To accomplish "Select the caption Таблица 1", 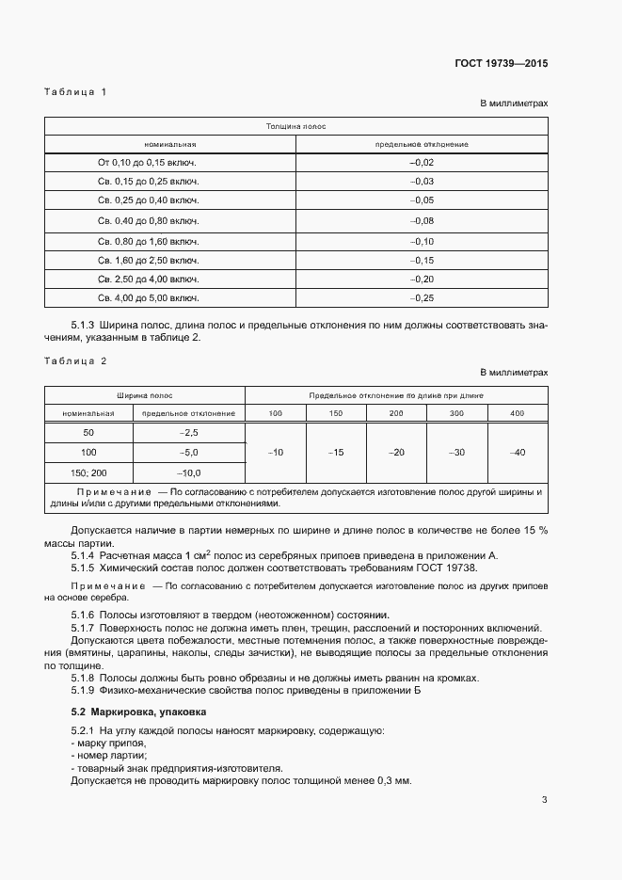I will click(75, 91).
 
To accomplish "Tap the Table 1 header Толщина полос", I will click(295, 125).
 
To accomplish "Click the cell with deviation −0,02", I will click(421, 162).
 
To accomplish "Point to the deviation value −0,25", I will click(421, 298).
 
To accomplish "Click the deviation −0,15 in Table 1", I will click(421, 259).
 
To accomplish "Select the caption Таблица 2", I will click(75, 360).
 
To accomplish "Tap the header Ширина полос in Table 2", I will click(144, 395).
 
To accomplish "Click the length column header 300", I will click(456, 413).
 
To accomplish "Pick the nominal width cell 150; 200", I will click(88, 472).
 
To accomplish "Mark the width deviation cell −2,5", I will click(189, 432).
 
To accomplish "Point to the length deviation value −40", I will click(517, 453).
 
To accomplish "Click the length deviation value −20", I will click(396, 453).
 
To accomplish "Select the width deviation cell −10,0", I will click(189, 472).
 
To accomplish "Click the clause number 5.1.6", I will click(86, 615).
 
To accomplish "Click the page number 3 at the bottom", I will click(544, 801).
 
